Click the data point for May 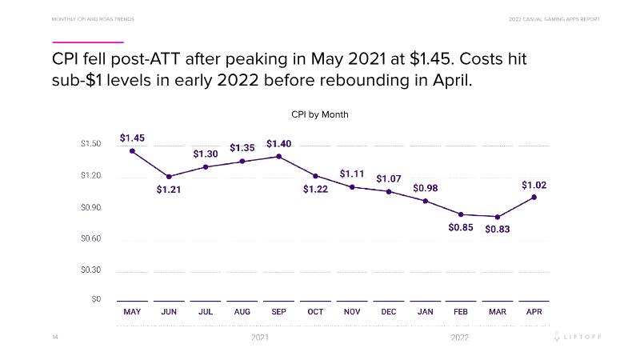click(132, 151)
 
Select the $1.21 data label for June click(169, 190)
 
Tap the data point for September click(278, 156)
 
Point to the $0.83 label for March click(498, 229)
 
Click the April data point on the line click(534, 197)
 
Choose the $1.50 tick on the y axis click(90, 144)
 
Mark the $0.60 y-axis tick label click(90, 238)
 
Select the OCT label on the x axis click(315, 312)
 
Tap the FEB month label click(461, 312)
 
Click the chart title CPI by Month click(319, 114)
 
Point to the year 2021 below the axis click(260, 338)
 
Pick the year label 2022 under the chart click(459, 338)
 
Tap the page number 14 click(55, 338)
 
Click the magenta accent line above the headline click(88, 42)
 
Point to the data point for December click(389, 192)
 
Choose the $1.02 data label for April click(534, 185)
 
